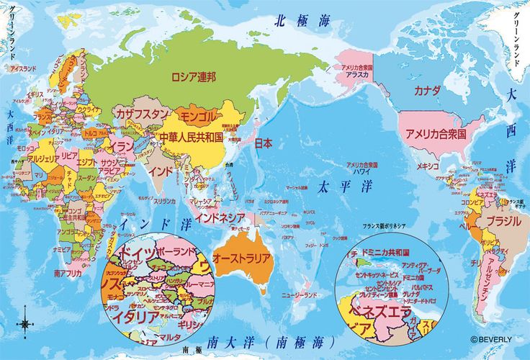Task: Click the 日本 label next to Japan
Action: (264, 143)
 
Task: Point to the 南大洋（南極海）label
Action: (271, 341)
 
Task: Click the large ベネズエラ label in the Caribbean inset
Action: (381, 312)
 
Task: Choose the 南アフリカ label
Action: (68, 274)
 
